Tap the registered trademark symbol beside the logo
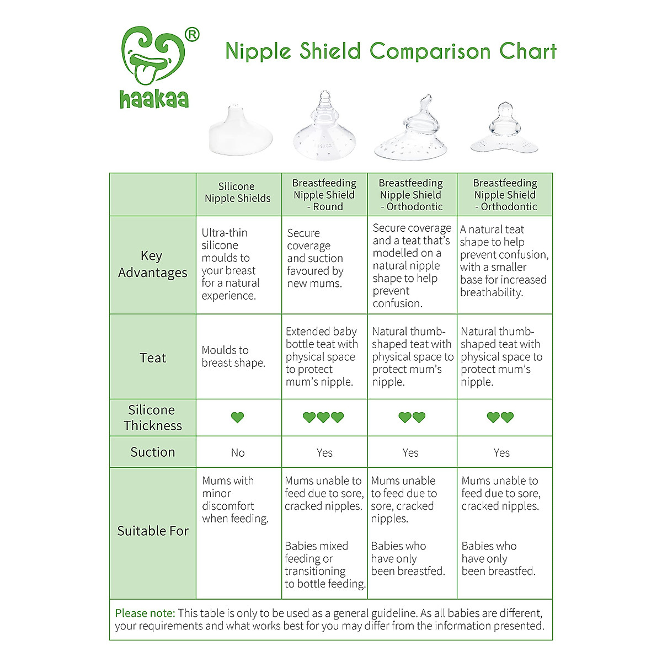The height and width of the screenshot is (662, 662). pos(193,35)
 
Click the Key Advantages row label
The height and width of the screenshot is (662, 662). pos(152,264)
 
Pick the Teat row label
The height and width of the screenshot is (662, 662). pos(153,358)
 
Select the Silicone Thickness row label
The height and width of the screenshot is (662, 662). pos(152,418)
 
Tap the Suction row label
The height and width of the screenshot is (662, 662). pos(153,452)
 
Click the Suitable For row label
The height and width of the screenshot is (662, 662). pos(153,531)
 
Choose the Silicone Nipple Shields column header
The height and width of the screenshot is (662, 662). pos(238,193)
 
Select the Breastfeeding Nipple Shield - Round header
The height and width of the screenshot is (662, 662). pos(324,195)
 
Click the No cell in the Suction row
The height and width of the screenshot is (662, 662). pos(238,453)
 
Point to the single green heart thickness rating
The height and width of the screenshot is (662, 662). pos(238,417)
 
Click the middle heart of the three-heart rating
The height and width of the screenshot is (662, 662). pos(323,417)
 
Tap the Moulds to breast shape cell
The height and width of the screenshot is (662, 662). pos(233,356)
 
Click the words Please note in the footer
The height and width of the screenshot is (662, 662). pos(145,613)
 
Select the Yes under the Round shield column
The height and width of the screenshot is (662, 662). pos(324,453)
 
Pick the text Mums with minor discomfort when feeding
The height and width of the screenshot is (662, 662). pos(234,500)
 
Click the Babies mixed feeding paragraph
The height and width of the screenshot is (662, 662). pos(325,565)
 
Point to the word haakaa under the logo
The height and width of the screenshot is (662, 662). pos(154,99)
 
